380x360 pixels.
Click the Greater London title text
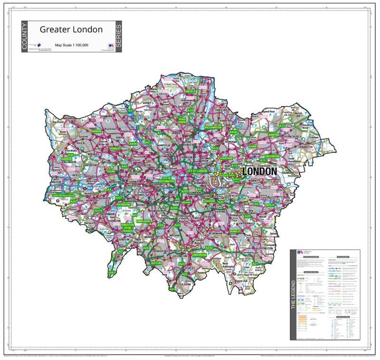(x=71, y=29)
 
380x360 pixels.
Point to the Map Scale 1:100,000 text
(x=71, y=45)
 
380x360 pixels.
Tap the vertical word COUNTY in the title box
(x=25, y=37)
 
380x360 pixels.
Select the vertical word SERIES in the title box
(x=119, y=37)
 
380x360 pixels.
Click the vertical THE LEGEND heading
(x=294, y=294)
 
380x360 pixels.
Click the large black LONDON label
(x=260, y=171)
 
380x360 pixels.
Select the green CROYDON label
(x=199, y=255)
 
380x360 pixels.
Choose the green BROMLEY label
(x=235, y=231)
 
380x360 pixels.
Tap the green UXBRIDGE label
(x=66, y=159)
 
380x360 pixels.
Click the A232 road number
(x=209, y=248)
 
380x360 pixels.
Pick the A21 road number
(x=255, y=263)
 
